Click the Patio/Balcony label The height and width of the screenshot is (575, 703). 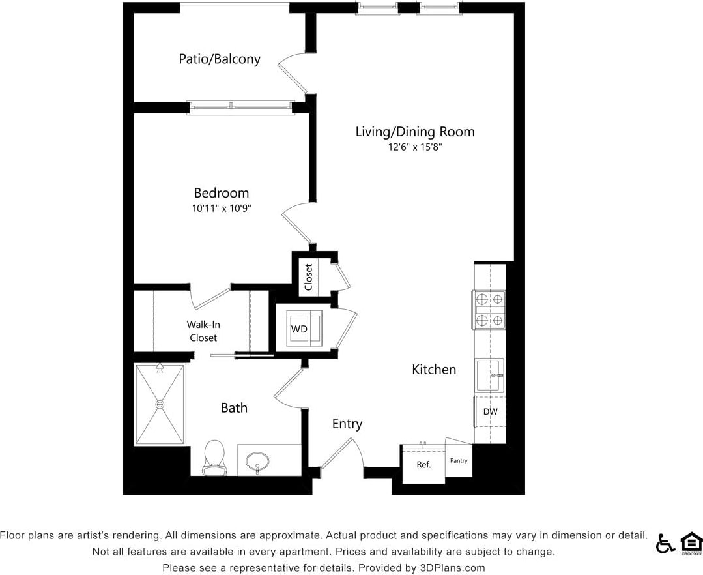pyautogui.click(x=220, y=59)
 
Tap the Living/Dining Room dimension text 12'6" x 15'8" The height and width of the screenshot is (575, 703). pyautogui.click(x=414, y=147)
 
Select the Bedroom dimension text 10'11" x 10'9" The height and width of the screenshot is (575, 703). pyautogui.click(x=222, y=209)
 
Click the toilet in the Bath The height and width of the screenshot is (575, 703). pyautogui.click(x=214, y=457)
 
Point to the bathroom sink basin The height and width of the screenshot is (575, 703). pyautogui.click(x=258, y=462)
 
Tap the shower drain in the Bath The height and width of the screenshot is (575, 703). pyautogui.click(x=160, y=404)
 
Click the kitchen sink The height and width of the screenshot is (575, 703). pyautogui.click(x=489, y=376)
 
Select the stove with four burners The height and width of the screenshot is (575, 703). pyautogui.click(x=489, y=309)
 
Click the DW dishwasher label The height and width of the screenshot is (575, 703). pyautogui.click(x=490, y=412)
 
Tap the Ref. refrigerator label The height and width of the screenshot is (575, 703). pyautogui.click(x=423, y=465)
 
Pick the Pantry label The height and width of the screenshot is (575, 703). pyautogui.click(x=459, y=461)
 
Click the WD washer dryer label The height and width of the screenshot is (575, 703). pyautogui.click(x=299, y=329)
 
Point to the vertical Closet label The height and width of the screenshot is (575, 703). pyautogui.click(x=308, y=277)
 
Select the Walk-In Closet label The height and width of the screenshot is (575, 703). pyautogui.click(x=203, y=331)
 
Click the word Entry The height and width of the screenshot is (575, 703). pyautogui.click(x=347, y=424)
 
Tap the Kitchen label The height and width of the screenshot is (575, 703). pyautogui.click(x=434, y=370)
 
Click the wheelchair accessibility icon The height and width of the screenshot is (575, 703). pyautogui.click(x=665, y=543)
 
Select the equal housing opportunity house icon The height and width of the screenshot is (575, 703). pyautogui.click(x=691, y=543)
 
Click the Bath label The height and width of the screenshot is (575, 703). pyautogui.click(x=234, y=408)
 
